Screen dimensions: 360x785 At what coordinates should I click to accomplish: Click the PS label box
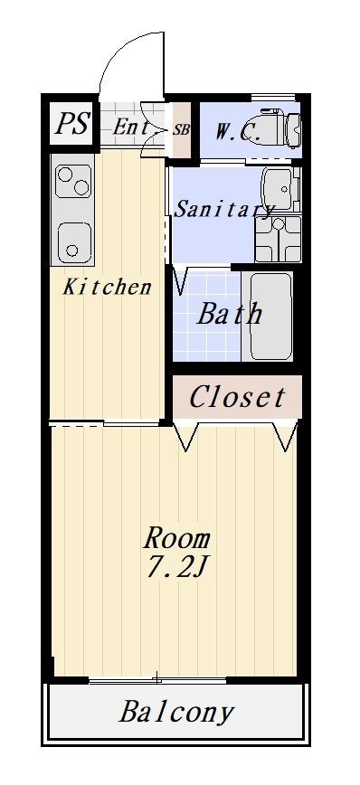(72, 123)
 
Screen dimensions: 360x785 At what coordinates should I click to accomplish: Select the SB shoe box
(181, 129)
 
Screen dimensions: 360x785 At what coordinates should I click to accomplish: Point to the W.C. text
(238, 132)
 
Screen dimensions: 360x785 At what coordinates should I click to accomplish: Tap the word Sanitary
(223, 209)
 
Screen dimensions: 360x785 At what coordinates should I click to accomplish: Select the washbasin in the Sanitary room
(278, 189)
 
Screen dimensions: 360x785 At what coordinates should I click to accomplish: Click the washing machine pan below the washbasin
(278, 239)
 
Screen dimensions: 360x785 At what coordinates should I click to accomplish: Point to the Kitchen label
(107, 288)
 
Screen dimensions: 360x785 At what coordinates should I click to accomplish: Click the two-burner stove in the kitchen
(73, 181)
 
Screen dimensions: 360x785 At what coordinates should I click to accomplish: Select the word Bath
(229, 315)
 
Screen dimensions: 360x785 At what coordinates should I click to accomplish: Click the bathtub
(270, 316)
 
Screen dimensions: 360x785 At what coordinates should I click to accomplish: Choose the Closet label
(237, 397)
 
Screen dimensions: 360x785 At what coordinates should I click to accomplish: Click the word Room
(176, 539)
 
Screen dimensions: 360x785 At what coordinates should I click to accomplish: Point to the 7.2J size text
(176, 567)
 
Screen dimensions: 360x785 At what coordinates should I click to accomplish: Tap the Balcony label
(176, 712)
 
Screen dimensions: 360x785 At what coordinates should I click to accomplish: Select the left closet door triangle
(185, 437)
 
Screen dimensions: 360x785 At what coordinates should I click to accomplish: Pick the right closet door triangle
(287, 437)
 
